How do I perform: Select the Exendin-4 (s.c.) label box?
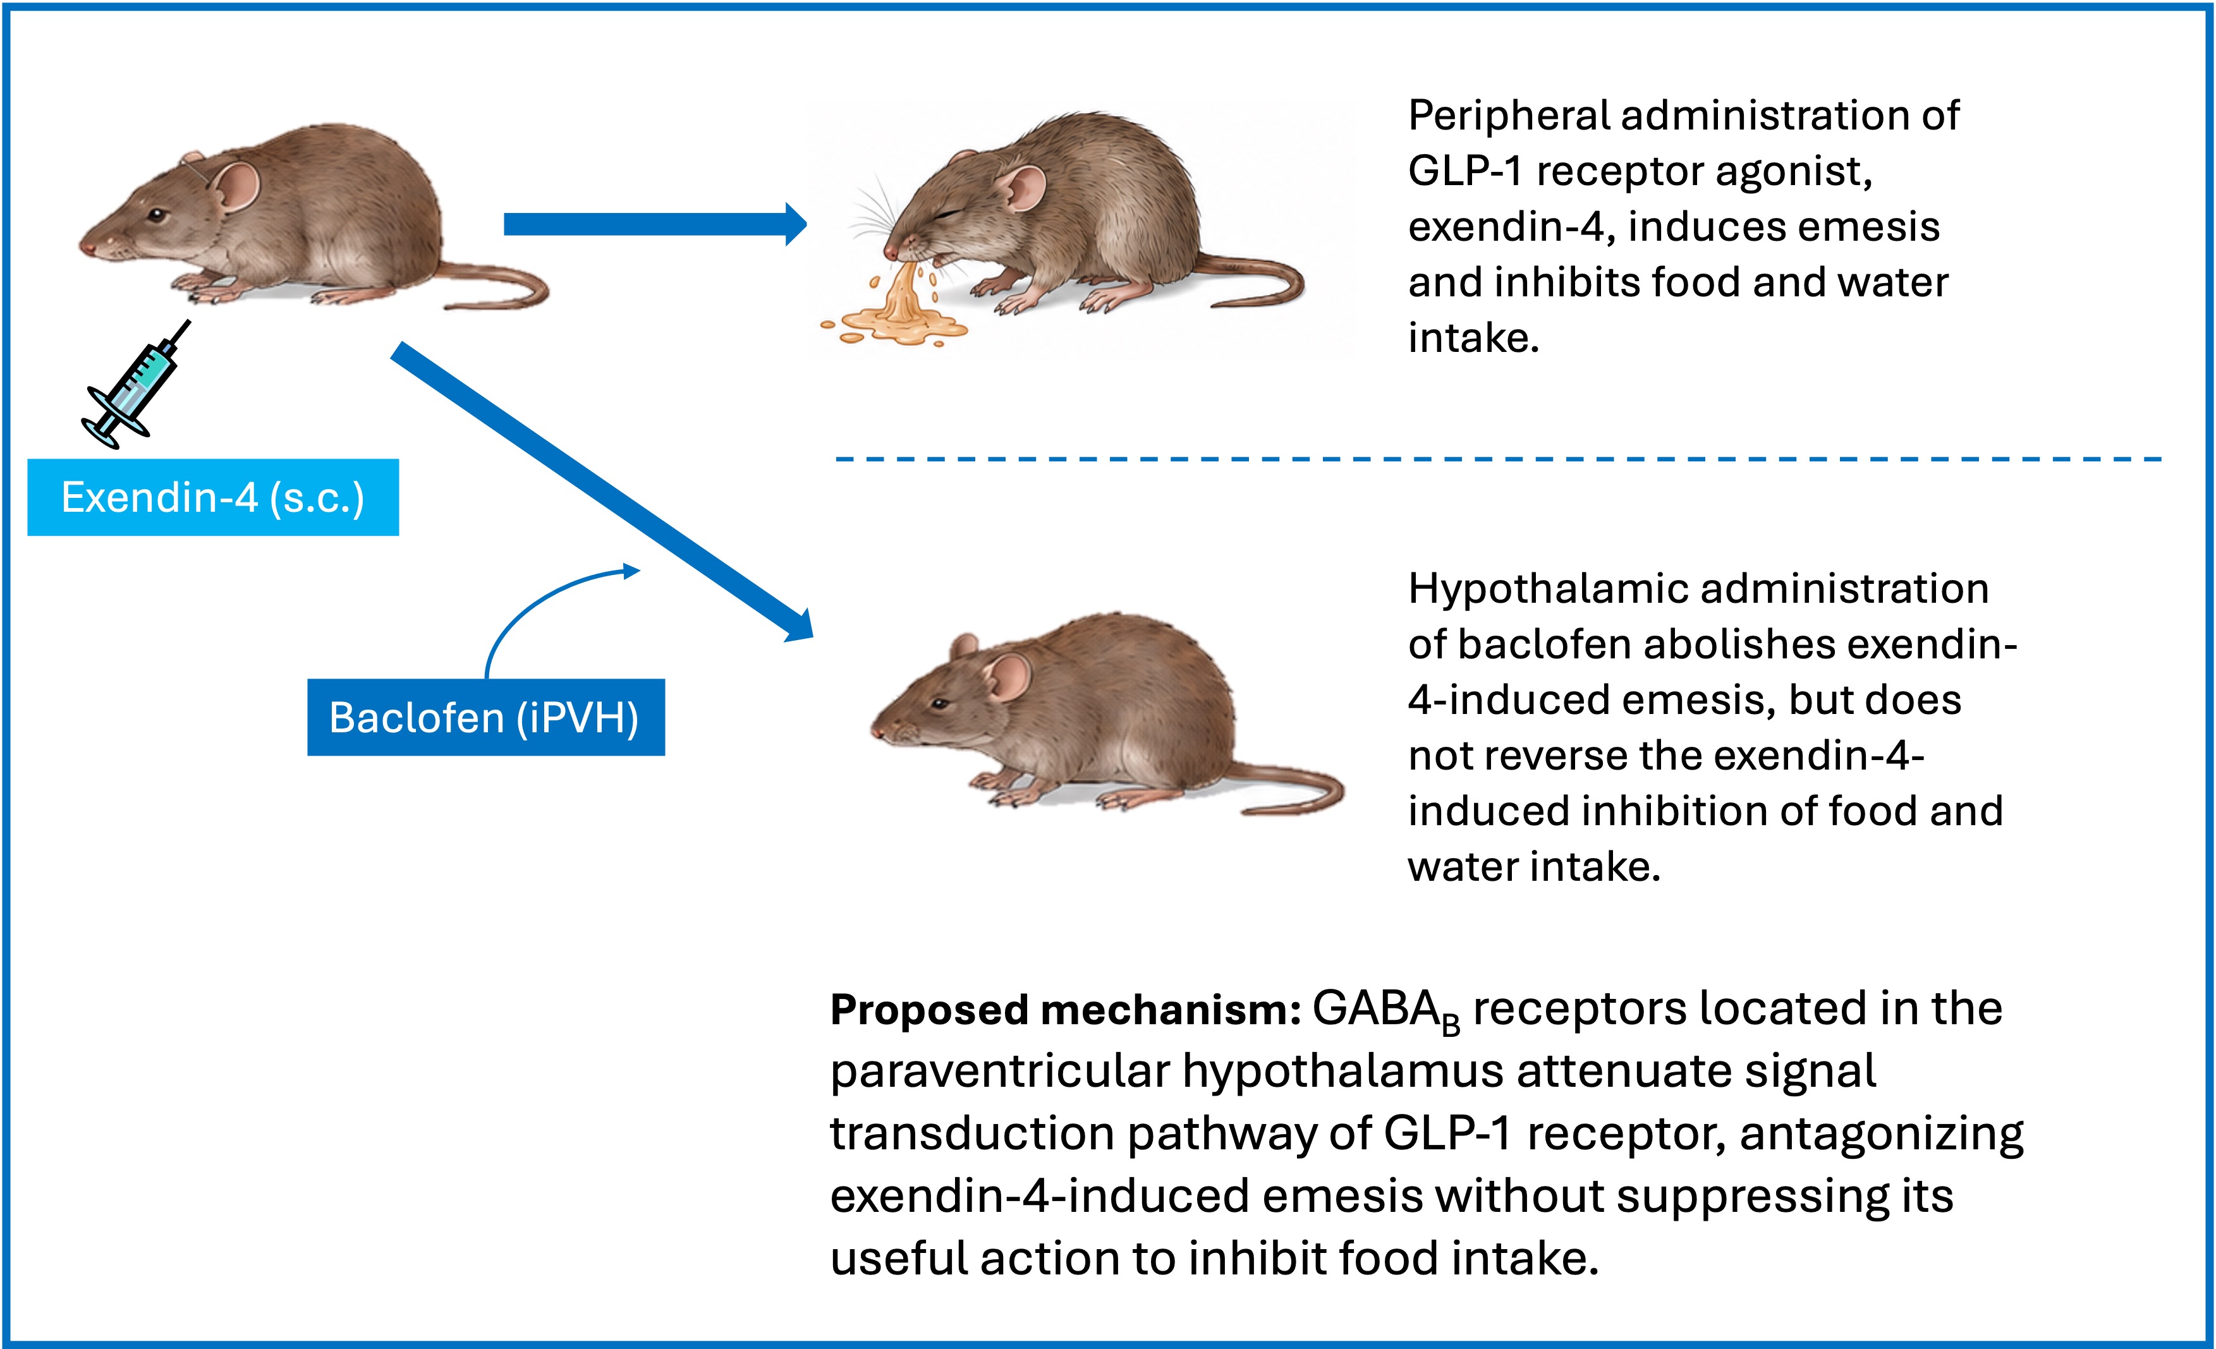(213, 497)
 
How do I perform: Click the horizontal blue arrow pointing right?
(655, 224)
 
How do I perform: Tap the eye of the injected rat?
(157, 216)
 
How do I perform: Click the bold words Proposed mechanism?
(1066, 1010)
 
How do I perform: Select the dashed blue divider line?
(1499, 459)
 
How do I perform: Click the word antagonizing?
(1882, 1135)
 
